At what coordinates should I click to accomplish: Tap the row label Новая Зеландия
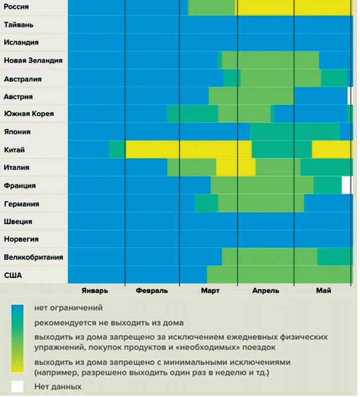pyautogui.click(x=33, y=60)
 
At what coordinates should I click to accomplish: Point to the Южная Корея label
pyautogui.click(x=28, y=114)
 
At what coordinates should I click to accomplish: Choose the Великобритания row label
pyautogui.click(x=33, y=257)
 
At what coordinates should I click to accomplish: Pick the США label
pyautogui.click(x=13, y=275)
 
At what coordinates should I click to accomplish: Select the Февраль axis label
pyautogui.click(x=151, y=291)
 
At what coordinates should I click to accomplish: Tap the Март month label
pyautogui.click(x=210, y=291)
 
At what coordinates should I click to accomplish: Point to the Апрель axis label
pyautogui.click(x=266, y=291)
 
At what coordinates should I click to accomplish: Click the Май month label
pyautogui.click(x=323, y=291)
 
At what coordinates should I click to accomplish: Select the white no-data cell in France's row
pyautogui.click(x=347, y=185)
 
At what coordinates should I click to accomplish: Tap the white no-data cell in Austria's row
pyautogui.click(x=350, y=95)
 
